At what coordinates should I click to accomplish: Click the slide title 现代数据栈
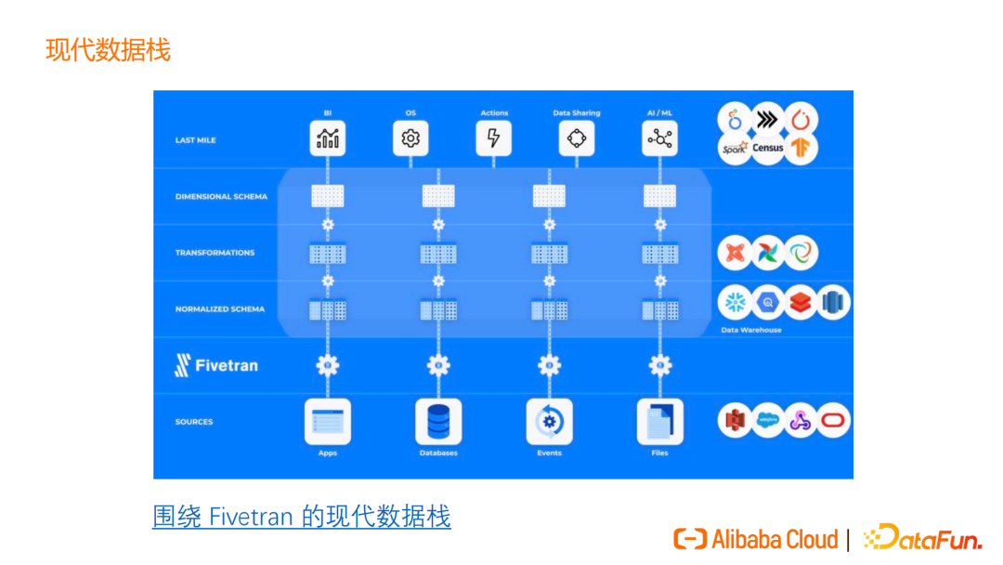108,49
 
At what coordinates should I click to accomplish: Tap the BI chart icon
327,138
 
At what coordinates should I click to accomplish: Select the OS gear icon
410,138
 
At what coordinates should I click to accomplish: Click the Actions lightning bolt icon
494,138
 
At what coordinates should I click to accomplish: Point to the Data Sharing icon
577,138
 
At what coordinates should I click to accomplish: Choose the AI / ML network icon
659,138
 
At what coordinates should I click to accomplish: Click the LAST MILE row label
195,140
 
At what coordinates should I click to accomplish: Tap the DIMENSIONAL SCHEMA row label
221,197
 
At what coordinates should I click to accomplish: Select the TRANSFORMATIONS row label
215,253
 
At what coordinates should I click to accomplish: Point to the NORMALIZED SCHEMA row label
220,309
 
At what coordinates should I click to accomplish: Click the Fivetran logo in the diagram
216,365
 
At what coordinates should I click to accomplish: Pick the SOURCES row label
194,422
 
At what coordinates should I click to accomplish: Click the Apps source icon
327,421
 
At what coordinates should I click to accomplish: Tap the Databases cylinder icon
438,421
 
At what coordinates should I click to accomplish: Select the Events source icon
549,421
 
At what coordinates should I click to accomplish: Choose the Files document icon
659,421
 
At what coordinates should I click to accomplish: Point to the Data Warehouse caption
751,330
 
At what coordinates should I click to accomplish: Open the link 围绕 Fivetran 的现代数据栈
302,516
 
